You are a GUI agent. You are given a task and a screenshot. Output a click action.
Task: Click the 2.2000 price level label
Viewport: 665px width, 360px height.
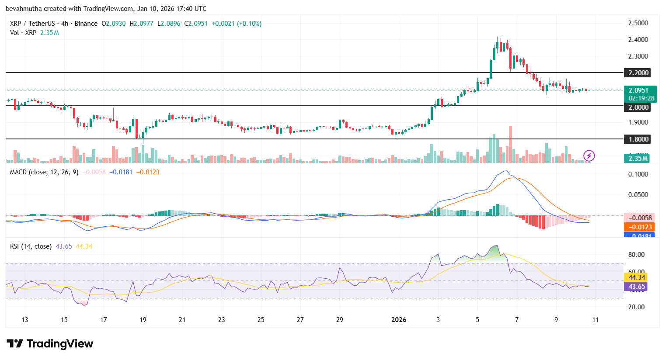click(x=638, y=73)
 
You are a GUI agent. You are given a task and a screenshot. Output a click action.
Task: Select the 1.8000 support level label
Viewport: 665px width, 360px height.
click(x=638, y=139)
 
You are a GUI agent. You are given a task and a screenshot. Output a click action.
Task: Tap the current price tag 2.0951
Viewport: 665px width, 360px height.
click(x=638, y=90)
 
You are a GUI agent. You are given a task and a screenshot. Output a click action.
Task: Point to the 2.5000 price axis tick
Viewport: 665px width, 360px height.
click(x=638, y=23)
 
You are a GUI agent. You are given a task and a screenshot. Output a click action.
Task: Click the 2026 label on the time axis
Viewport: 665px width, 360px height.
click(x=399, y=320)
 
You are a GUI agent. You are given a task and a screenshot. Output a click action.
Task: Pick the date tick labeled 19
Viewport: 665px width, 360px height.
click(x=143, y=320)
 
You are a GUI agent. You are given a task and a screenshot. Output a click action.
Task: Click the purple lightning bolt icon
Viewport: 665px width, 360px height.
click(x=589, y=155)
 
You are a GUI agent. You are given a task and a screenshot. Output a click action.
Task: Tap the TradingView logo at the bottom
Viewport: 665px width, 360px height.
click(x=50, y=344)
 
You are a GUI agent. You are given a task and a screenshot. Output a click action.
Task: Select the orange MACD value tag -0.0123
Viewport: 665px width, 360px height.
click(x=640, y=227)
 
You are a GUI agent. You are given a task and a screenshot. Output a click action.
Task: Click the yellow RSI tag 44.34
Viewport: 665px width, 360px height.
click(x=637, y=277)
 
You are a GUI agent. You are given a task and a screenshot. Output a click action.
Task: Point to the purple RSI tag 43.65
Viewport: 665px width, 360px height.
click(x=637, y=287)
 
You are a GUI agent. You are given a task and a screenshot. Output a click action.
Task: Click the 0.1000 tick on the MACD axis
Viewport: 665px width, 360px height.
click(x=638, y=174)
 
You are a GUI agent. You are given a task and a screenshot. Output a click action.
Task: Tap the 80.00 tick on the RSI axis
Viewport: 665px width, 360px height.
click(x=636, y=255)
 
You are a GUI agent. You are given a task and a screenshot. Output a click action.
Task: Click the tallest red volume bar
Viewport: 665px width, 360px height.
click(x=510, y=144)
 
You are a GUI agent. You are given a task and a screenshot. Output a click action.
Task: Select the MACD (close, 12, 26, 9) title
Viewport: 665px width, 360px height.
click(x=44, y=172)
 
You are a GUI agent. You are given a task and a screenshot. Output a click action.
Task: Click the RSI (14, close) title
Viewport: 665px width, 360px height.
click(x=31, y=246)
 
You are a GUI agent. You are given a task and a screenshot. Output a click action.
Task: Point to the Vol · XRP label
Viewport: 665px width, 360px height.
click(x=23, y=33)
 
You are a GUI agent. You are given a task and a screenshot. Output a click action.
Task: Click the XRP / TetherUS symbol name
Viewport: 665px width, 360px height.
click(x=32, y=24)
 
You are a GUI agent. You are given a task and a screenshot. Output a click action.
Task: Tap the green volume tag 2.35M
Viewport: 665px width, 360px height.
click(x=638, y=159)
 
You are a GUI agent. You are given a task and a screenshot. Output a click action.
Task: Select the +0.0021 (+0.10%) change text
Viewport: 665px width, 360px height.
click(x=237, y=24)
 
